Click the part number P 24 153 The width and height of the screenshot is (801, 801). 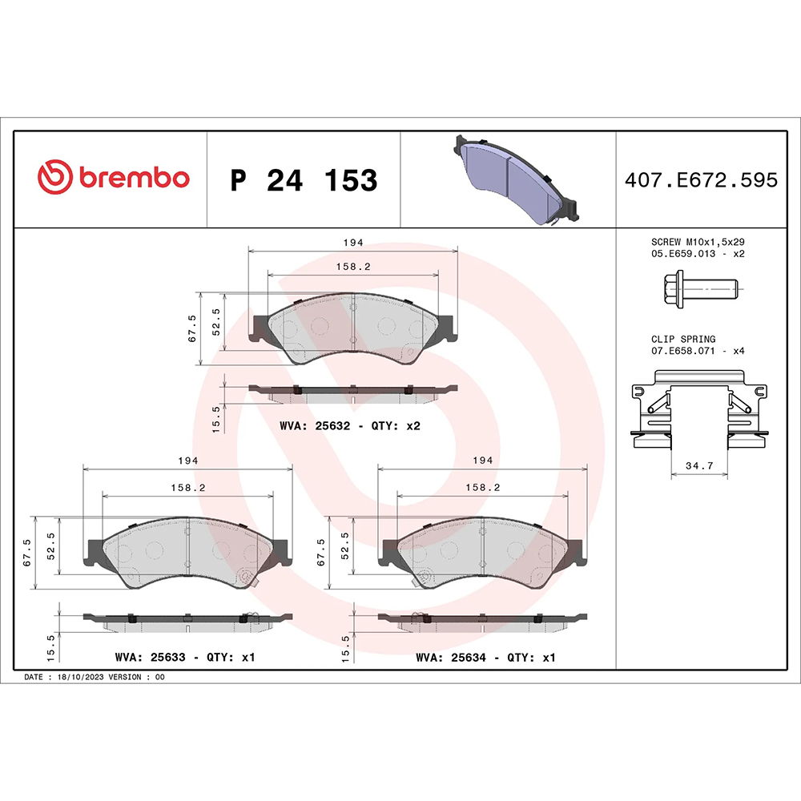click(x=303, y=181)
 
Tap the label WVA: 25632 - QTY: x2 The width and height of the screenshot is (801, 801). click(x=350, y=426)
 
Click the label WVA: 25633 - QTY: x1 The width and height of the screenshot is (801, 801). click(x=185, y=657)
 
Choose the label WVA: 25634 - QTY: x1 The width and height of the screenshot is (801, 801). click(x=485, y=657)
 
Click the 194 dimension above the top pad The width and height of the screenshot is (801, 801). click(x=354, y=241)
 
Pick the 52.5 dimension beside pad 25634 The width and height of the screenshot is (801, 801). click(x=346, y=549)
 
